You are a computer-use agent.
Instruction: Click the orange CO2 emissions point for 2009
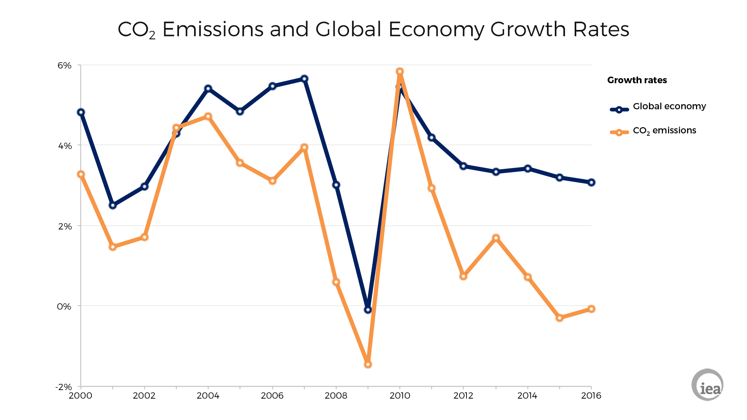368,364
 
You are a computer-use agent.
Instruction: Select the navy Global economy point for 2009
368,310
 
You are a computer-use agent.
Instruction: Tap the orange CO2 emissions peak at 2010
400,72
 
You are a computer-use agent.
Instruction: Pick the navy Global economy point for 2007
305,79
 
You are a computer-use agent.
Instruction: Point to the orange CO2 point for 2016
591,309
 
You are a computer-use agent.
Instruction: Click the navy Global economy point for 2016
591,182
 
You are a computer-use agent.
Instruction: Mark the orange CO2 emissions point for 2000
81,174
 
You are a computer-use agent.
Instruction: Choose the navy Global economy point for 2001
113,205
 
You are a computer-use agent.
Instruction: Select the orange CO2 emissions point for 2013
496,238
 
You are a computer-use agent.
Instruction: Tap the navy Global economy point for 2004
208,89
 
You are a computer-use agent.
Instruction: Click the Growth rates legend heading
637,80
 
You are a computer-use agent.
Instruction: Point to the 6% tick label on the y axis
65,65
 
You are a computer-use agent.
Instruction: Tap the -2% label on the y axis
64,387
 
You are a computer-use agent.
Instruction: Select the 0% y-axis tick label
64,306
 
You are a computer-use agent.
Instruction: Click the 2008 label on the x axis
336,396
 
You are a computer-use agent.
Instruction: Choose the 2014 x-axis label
527,396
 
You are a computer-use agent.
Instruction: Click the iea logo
707,385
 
